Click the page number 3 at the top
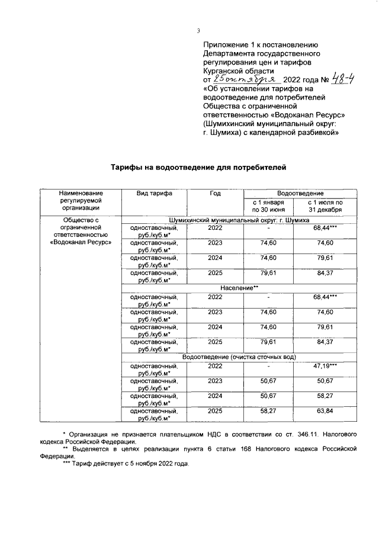pyautogui.click(x=199, y=31)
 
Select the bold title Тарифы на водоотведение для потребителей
pyautogui.click(x=199, y=168)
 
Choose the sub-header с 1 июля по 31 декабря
pyautogui.click(x=325, y=206)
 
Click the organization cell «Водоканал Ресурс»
pyautogui.click(x=81, y=242)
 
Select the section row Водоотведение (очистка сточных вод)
pyautogui.click(x=239, y=356)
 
